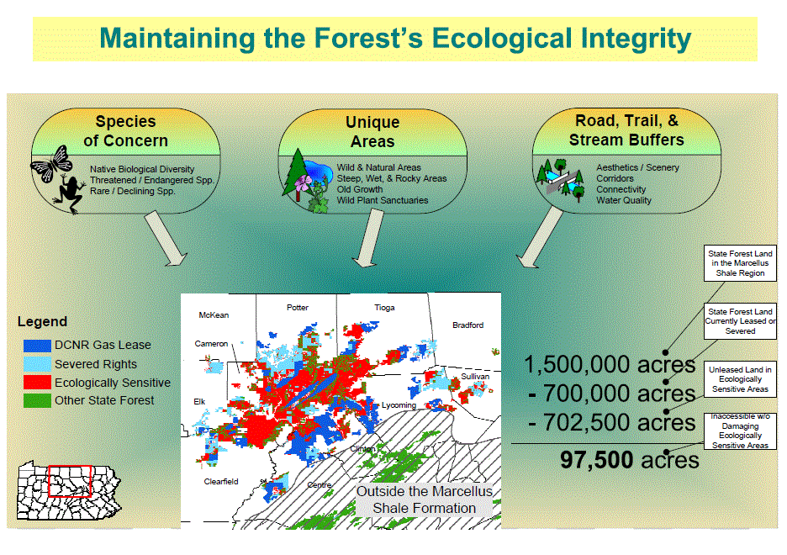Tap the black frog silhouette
69,195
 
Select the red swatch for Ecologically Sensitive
37,383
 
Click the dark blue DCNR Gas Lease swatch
37,346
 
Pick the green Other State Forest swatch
37,400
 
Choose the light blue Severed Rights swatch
37,364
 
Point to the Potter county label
298,307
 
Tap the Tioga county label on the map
384,307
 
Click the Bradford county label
467,325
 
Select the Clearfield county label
221,481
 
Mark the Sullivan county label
475,377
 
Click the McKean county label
214,315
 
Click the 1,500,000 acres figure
610,364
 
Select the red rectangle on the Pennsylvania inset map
70,481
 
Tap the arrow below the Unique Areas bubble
368,238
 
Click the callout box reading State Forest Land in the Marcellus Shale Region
740,263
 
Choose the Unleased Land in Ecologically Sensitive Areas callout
740,379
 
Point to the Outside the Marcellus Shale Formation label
424,499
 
